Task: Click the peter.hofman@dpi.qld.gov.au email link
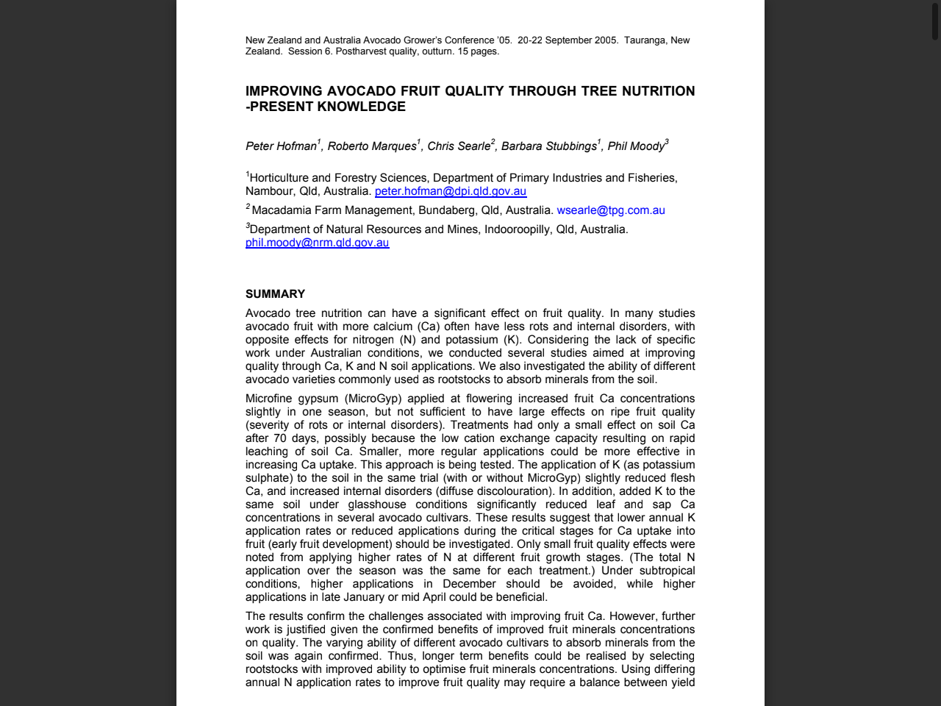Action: (450, 191)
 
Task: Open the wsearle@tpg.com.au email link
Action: (610, 210)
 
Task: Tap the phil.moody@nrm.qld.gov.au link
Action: (317, 243)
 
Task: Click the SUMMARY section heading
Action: (275, 294)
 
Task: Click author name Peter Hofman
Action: (281, 146)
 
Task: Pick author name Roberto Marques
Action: (372, 146)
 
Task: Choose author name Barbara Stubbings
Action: (548, 146)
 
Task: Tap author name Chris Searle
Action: (459, 146)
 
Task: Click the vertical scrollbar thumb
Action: (935, 21)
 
